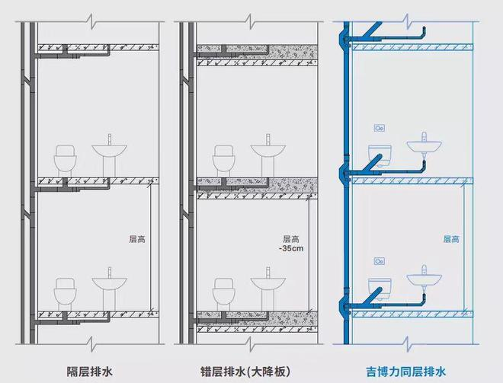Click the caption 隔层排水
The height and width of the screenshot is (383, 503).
pyautogui.click(x=89, y=372)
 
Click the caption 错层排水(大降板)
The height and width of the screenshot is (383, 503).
pyautogui.click(x=245, y=372)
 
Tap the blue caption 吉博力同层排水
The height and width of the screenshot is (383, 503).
pyautogui.click(x=405, y=372)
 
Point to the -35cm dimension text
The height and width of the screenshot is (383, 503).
pyautogui.click(x=291, y=248)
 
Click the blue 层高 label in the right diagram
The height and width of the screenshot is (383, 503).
pyautogui.click(x=451, y=239)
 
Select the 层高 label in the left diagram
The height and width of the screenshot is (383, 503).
pyautogui.click(x=137, y=239)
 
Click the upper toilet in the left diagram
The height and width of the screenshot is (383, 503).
pyautogui.click(x=66, y=161)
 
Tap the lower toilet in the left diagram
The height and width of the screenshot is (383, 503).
pyautogui.click(x=66, y=294)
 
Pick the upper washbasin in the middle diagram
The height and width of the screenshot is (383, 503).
pyautogui.click(x=268, y=155)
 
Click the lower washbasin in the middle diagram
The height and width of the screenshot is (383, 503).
pyautogui.click(x=268, y=289)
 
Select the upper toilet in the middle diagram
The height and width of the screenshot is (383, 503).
pyautogui.click(x=224, y=161)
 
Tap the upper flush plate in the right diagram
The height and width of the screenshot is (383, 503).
pyautogui.click(x=380, y=128)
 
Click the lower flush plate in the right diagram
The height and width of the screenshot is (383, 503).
pyautogui.click(x=380, y=261)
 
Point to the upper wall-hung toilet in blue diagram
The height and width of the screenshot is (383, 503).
pyautogui.click(x=380, y=155)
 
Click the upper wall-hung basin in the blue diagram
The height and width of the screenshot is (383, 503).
pyautogui.click(x=424, y=144)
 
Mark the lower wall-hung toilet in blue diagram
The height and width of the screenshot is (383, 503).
pyautogui.click(x=380, y=289)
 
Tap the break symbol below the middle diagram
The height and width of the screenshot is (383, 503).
pyautogui.click(x=250, y=344)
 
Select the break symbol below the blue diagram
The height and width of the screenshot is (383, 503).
pyautogui.click(x=407, y=344)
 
